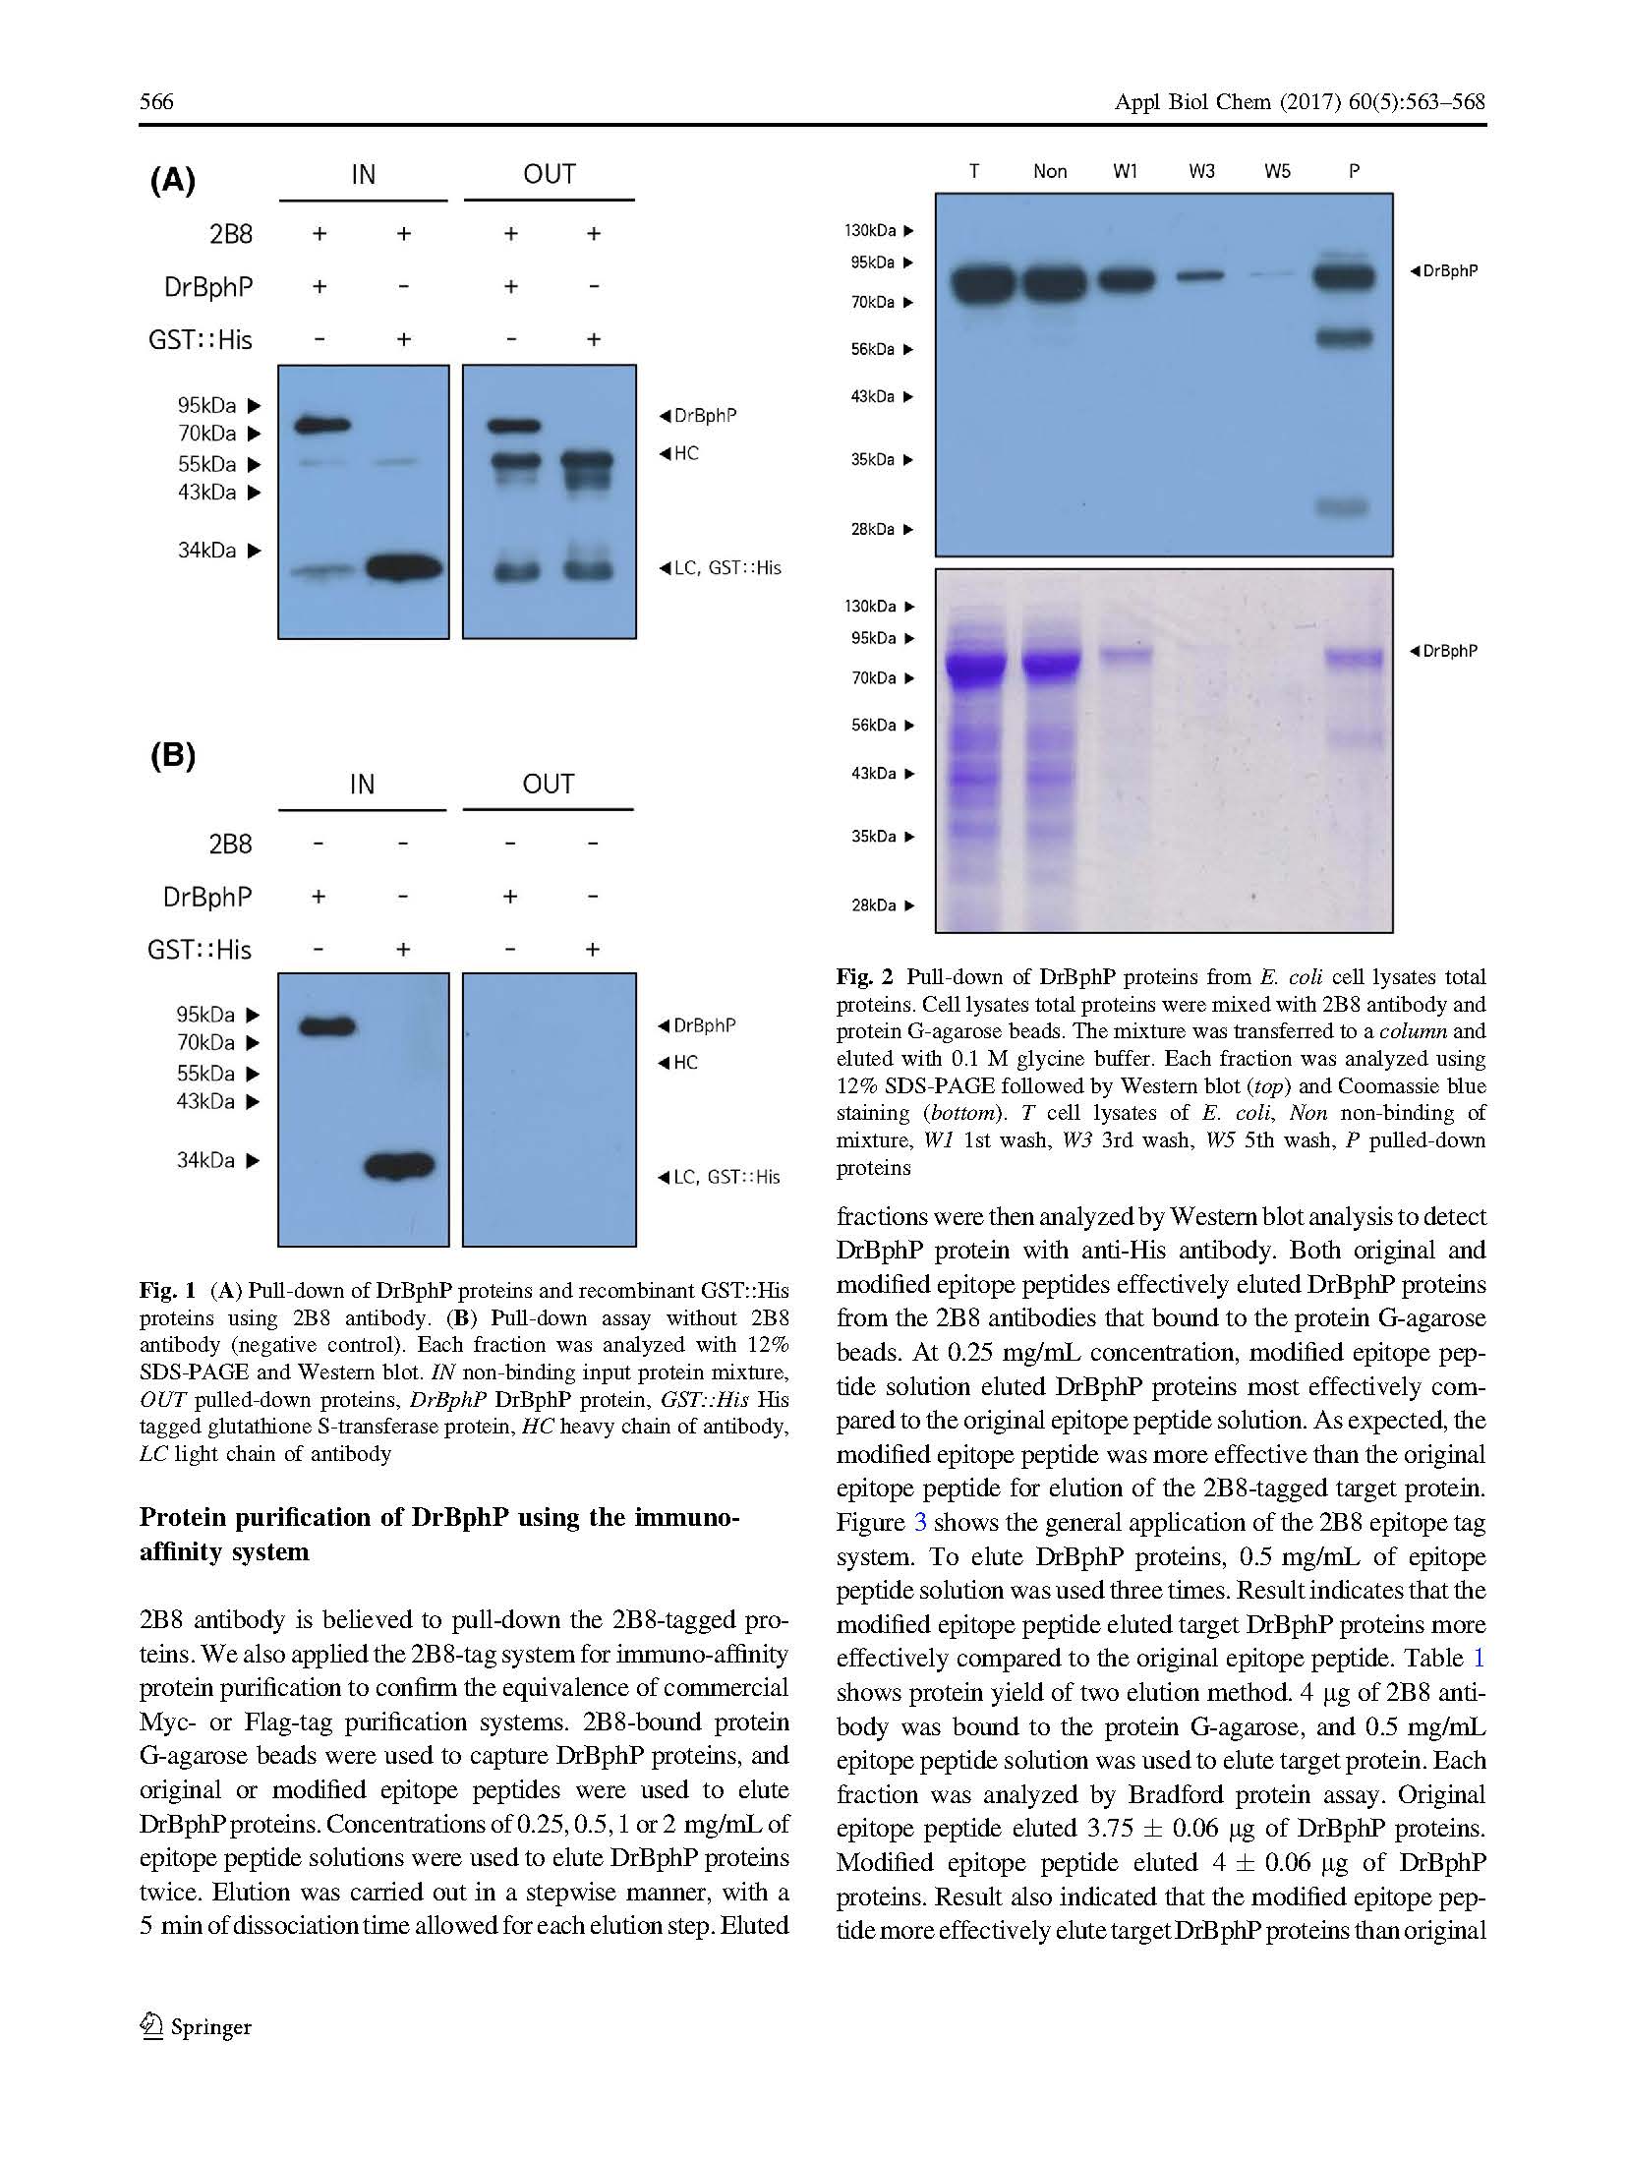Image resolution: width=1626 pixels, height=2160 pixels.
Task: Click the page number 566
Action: coord(156,102)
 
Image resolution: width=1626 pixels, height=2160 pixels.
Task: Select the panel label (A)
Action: coord(173,181)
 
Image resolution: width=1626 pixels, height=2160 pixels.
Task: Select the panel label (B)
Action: coord(173,756)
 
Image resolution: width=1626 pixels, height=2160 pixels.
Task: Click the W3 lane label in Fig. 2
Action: coord(1201,171)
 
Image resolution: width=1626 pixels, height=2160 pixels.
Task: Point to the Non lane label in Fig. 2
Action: coord(1050,171)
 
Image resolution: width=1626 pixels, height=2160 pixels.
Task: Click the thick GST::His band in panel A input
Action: coord(403,567)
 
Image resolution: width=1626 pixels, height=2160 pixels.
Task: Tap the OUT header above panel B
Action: coord(548,785)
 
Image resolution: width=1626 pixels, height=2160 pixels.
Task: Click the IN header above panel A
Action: coord(363,175)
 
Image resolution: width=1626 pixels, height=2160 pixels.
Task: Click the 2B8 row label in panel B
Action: coord(230,845)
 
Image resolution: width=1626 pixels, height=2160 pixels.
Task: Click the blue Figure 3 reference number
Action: coord(920,1523)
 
